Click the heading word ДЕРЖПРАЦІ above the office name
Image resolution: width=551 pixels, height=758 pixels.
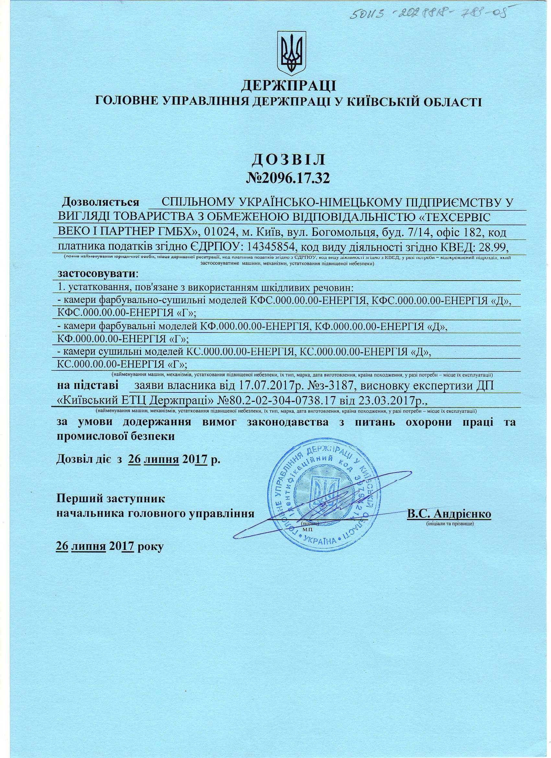288,86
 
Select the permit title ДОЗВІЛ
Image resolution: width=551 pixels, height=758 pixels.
288,160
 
